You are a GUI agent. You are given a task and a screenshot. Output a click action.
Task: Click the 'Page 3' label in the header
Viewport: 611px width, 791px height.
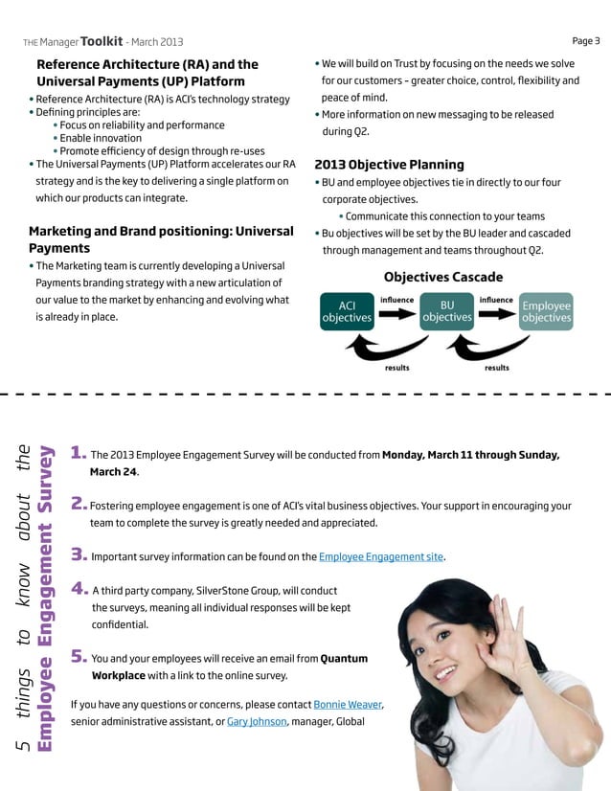(x=585, y=40)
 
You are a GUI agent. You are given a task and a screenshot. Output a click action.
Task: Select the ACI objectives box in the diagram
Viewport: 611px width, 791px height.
(x=347, y=311)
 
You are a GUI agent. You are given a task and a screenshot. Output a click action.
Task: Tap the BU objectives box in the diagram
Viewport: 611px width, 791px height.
(x=447, y=311)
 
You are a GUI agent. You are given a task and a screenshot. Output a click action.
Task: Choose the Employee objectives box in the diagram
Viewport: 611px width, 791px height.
(x=546, y=311)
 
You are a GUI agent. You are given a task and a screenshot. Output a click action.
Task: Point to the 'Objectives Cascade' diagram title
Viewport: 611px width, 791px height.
(x=443, y=278)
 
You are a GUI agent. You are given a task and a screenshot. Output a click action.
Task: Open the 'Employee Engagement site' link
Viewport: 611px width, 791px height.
(x=381, y=556)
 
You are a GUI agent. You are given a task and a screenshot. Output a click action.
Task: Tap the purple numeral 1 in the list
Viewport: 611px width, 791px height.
(x=79, y=453)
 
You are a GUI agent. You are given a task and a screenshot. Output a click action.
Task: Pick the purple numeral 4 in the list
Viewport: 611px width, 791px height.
(x=79, y=588)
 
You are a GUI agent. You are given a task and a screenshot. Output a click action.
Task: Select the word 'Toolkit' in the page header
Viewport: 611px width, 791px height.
(x=102, y=41)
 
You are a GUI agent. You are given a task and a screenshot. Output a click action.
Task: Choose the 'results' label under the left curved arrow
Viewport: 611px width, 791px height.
(x=397, y=367)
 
